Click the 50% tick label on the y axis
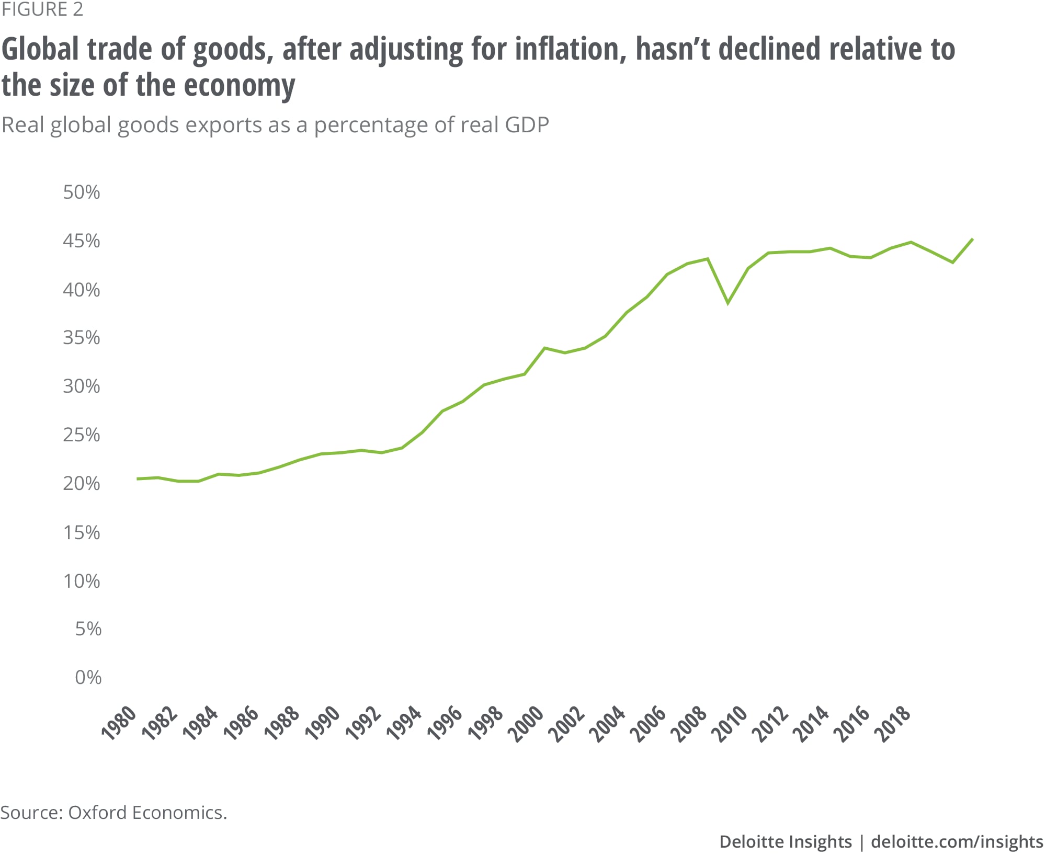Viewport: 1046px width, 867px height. [81, 192]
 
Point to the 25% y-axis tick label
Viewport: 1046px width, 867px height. [81, 435]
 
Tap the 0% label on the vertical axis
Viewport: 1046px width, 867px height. [88, 678]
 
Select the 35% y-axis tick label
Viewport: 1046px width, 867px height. [81, 338]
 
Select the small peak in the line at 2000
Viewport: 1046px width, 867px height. [544, 348]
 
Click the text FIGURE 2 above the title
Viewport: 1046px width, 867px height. [42, 9]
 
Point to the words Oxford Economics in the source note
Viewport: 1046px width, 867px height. [147, 812]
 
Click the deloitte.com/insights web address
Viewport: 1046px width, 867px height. [957, 841]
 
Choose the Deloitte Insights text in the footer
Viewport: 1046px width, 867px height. [786, 841]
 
